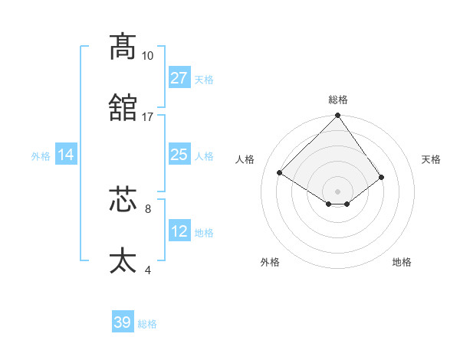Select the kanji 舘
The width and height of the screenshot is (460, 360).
click(123, 107)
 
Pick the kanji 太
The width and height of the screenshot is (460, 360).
click(123, 260)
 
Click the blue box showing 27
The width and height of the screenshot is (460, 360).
click(179, 78)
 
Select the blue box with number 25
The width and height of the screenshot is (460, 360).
click(179, 155)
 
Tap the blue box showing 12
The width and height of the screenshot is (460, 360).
click(179, 232)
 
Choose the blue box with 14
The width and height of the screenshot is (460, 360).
click(66, 155)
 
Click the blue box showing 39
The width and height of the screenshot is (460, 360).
click(123, 322)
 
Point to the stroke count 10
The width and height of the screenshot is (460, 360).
click(147, 56)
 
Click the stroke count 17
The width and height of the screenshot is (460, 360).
click(147, 117)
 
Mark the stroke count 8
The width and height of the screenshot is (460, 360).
click(147, 208)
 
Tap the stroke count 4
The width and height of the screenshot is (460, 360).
click(147, 270)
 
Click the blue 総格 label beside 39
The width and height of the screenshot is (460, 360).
click(147, 324)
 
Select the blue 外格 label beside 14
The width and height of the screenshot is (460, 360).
click(41, 156)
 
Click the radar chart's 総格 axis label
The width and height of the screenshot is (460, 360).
click(338, 100)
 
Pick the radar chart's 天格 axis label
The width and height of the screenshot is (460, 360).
click(431, 159)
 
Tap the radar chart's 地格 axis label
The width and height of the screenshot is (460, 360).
click(402, 262)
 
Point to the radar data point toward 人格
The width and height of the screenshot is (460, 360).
click(280, 173)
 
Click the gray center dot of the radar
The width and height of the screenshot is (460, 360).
click(338, 191)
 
